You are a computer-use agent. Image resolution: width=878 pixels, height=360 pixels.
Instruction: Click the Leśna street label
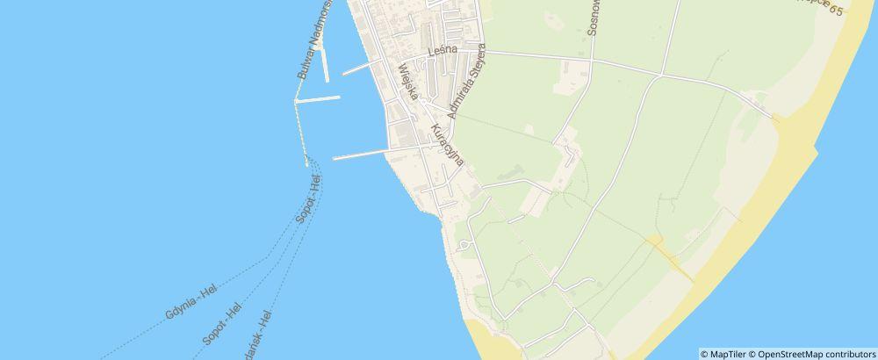[443, 53]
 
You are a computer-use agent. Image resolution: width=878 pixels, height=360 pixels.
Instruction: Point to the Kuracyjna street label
[445, 145]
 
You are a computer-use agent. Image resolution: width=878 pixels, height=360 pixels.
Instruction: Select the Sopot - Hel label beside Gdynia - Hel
[222, 325]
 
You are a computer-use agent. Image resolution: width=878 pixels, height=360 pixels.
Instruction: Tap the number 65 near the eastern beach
[859, 11]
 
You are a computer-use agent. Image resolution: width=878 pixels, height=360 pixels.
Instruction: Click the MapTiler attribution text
[726, 353]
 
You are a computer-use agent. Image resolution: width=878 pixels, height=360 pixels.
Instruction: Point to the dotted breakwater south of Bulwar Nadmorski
[301, 132]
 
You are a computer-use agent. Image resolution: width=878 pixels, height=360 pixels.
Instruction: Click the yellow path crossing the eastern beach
[672, 260]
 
